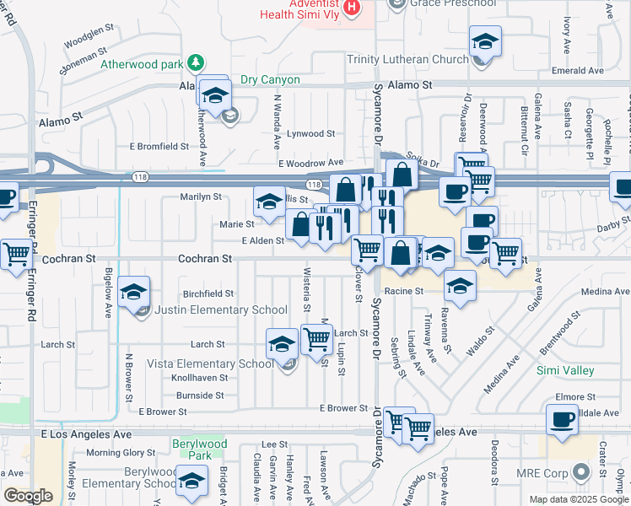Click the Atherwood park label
141,64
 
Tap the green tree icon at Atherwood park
196,62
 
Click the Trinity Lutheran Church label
407,59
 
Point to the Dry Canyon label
270,80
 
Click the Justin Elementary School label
222,310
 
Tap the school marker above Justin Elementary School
134,293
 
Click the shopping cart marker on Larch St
316,340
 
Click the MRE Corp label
543,473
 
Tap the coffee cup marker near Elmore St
562,419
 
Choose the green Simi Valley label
565,370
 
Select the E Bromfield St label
159,146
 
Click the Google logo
28,496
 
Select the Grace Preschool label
454,3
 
